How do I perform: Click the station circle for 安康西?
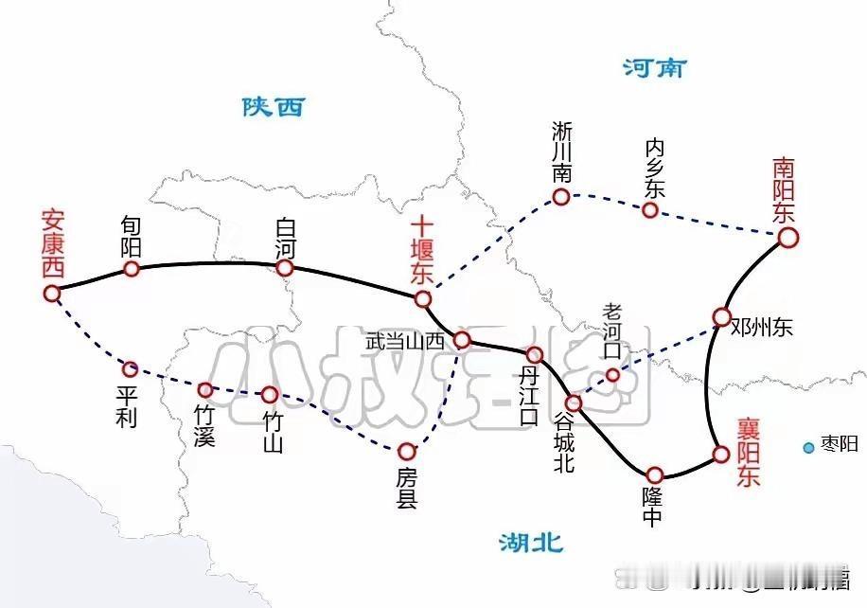(52, 294)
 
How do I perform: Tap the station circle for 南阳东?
(787, 239)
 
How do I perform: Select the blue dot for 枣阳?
(808, 447)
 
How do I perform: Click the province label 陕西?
(273, 106)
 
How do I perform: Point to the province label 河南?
(654, 68)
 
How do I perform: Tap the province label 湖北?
(531, 543)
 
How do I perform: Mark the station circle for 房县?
(407, 451)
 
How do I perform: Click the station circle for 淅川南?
(561, 197)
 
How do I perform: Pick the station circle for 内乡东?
(650, 209)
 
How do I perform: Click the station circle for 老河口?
(613, 375)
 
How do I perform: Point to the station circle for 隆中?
(654, 474)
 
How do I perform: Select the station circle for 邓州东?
(722, 316)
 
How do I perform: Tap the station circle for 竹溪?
(205, 389)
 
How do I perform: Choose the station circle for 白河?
(285, 268)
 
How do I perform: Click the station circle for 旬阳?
(132, 269)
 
